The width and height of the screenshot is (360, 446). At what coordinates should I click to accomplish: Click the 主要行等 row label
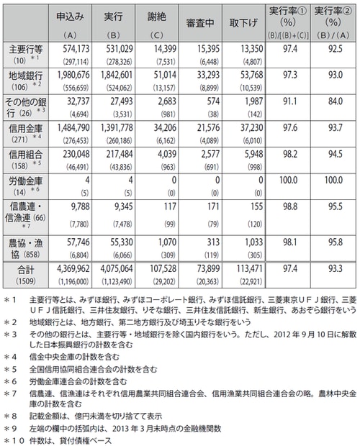(x=24, y=49)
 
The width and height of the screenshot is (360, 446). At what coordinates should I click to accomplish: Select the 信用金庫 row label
(x=24, y=127)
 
